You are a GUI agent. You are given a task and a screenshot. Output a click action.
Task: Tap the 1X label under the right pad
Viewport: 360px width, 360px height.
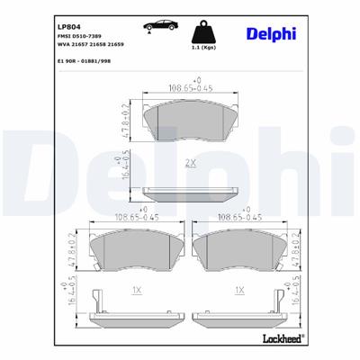(239, 290)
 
